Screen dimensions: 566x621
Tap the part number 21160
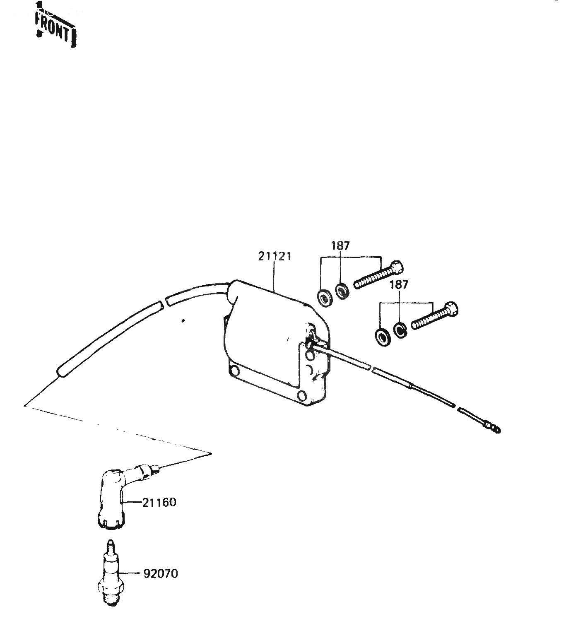click(x=159, y=502)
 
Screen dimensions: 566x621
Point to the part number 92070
click(x=161, y=574)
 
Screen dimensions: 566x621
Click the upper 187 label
click(x=340, y=246)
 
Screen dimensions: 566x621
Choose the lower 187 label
click(x=399, y=284)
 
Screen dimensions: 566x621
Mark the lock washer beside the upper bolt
click(x=342, y=291)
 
